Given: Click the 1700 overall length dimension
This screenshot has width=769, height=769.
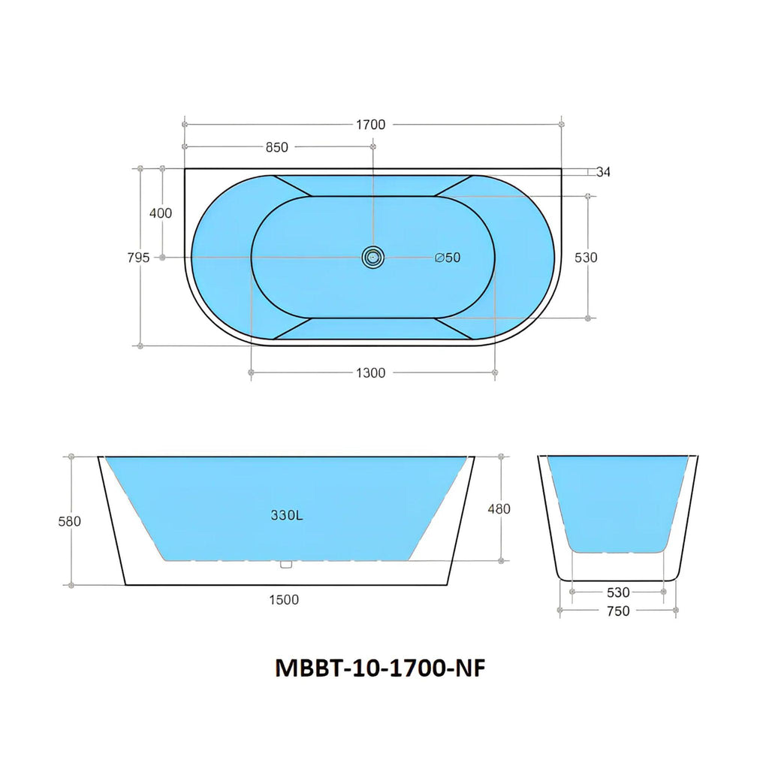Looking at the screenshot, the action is point(370,125).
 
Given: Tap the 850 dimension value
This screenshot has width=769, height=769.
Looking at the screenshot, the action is point(276,147).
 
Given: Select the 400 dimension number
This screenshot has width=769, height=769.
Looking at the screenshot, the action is point(161,213).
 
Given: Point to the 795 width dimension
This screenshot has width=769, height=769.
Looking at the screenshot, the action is point(138,257).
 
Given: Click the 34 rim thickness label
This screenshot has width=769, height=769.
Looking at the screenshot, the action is point(603,172).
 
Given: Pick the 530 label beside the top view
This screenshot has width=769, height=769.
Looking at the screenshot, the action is point(586,258).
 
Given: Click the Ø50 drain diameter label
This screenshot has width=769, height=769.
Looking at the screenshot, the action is point(448,258).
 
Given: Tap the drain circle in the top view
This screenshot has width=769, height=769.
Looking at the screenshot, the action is point(373,257).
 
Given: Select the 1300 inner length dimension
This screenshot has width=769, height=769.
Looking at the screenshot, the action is point(370,373).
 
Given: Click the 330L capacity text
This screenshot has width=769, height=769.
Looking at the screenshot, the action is point(287,515).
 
